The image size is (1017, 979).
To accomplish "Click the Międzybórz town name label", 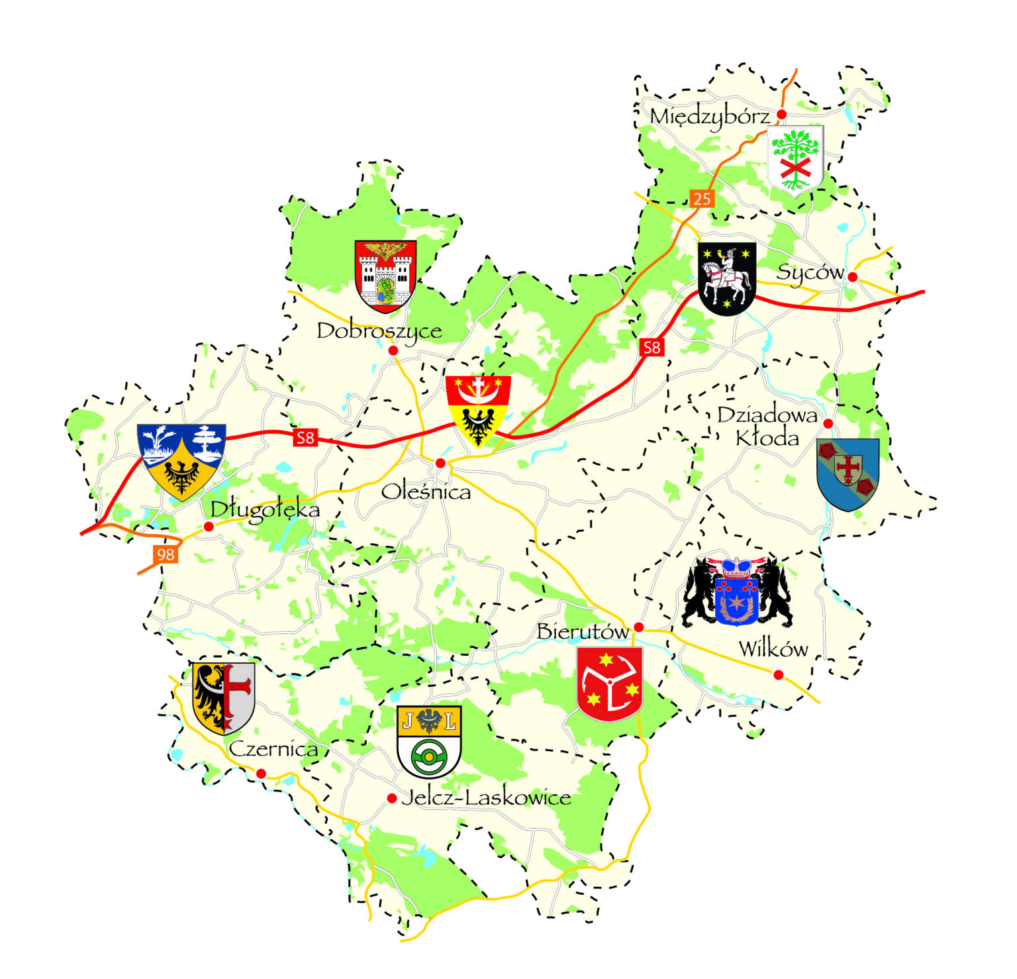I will tap(710, 117).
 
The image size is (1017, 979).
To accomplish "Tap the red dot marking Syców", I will tap(853, 277).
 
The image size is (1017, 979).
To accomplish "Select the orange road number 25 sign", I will tap(702, 198).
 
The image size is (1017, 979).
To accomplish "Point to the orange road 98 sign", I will tap(166, 554).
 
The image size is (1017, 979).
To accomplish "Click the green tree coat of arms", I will tap(795, 158).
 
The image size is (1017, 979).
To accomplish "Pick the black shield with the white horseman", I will tap(727, 278).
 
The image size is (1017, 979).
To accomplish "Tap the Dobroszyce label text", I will tap(379, 331).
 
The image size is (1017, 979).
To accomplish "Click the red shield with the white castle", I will tap(385, 276).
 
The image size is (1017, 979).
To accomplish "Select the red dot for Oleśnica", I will tap(440, 463).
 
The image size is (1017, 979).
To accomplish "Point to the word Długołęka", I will tap(265, 510).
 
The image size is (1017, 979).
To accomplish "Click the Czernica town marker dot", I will tap(261, 774).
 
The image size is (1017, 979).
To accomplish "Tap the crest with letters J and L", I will tap(429, 741).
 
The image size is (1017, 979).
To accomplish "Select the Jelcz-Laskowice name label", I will tap(486, 798).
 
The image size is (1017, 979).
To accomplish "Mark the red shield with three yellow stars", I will tap(609, 684).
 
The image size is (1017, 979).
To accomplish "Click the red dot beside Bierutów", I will tap(638, 627).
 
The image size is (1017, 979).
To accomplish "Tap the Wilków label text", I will tap(773, 649).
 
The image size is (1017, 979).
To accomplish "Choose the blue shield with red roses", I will tap(847, 473).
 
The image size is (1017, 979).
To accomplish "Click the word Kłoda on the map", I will tap(767, 438).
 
